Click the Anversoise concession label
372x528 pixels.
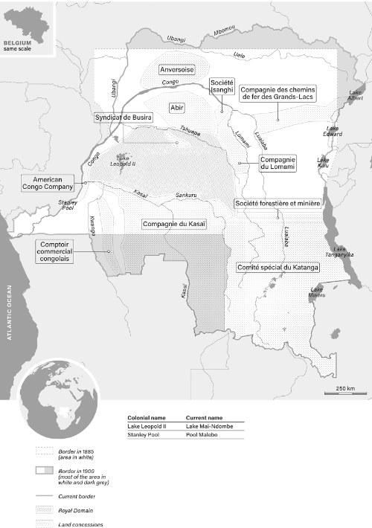(177, 69)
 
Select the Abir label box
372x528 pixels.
(177, 106)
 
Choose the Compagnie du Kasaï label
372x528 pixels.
(173, 224)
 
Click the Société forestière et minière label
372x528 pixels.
(278, 203)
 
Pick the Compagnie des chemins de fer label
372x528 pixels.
(278, 92)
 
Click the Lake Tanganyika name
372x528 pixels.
(343, 252)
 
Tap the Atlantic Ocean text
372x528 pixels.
(9, 313)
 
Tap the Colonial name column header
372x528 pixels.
(147, 418)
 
